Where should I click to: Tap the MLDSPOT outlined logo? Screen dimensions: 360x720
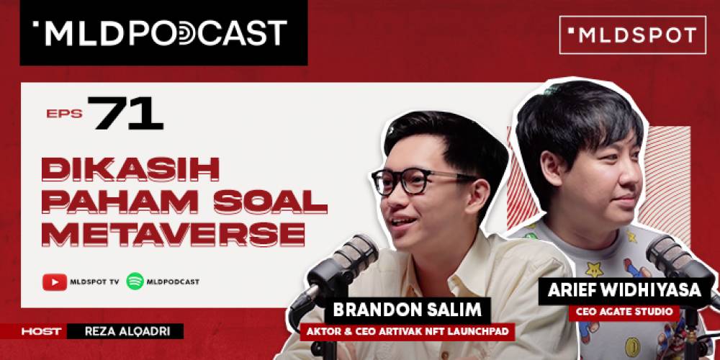(x=632, y=35)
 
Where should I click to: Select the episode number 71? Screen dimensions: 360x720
(x=128, y=113)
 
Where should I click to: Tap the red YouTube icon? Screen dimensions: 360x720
(x=54, y=282)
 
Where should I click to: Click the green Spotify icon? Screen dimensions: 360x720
(x=135, y=282)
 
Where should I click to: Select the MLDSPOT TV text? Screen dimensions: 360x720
(x=94, y=282)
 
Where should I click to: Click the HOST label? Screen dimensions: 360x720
(x=42, y=331)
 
